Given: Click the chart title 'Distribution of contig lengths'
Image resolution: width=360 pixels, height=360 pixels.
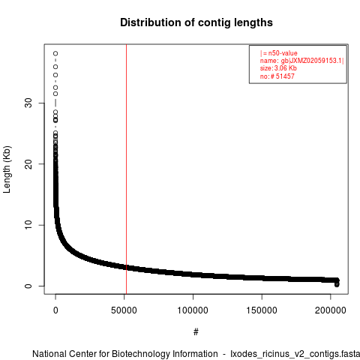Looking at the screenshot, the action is pyautogui.click(x=196, y=22).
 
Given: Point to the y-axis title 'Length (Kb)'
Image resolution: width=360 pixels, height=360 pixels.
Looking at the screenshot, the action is pyautogui.click(x=7, y=169).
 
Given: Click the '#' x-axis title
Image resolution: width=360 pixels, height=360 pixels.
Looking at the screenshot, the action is pyautogui.click(x=196, y=331).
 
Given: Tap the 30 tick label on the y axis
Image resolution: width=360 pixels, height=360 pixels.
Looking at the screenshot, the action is pyautogui.click(x=28, y=103).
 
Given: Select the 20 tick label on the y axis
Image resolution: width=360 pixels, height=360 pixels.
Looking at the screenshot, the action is pyautogui.click(x=28, y=164).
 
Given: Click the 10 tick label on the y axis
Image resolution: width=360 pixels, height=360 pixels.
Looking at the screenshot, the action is pyautogui.click(x=28, y=225).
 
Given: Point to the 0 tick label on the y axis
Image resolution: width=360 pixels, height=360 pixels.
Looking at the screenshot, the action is pyautogui.click(x=28, y=286).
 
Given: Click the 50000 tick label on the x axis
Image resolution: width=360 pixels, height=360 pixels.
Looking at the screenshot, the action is pyautogui.click(x=124, y=310).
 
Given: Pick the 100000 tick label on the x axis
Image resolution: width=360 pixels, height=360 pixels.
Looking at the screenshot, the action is pyautogui.click(x=193, y=310).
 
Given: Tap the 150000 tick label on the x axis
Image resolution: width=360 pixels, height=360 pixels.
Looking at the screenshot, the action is pyautogui.click(x=262, y=310).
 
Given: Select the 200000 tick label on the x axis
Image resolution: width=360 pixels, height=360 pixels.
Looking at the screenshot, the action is pyautogui.click(x=331, y=310).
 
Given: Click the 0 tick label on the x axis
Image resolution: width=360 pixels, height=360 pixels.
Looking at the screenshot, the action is pyautogui.click(x=55, y=310).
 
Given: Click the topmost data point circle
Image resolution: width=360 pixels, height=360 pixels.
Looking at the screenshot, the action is pyautogui.click(x=55, y=53).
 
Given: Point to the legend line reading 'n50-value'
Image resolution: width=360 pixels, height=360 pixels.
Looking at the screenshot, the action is pyautogui.click(x=279, y=53).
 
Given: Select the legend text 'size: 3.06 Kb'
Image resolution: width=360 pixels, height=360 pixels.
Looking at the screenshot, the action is pyautogui.click(x=278, y=68).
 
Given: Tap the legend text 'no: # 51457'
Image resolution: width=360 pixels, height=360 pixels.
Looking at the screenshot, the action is pyautogui.click(x=277, y=76).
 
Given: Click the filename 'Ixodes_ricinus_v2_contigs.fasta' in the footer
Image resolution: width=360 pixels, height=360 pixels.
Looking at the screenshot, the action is pyautogui.click(x=295, y=354).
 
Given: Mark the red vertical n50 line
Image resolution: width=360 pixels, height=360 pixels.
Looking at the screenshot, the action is pyautogui.click(x=126, y=169).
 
